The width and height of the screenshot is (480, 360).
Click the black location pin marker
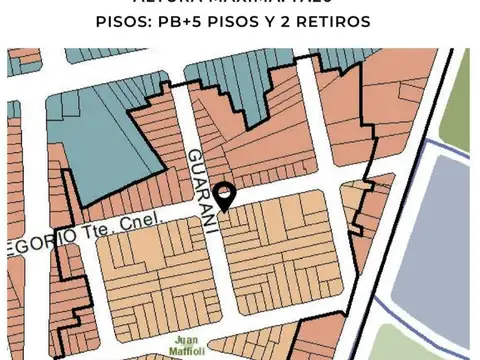click(226, 196)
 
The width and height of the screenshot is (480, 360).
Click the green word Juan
click(186, 339)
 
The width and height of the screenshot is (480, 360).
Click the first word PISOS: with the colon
click(129, 21)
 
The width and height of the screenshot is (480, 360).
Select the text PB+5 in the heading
click(189, 21)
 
